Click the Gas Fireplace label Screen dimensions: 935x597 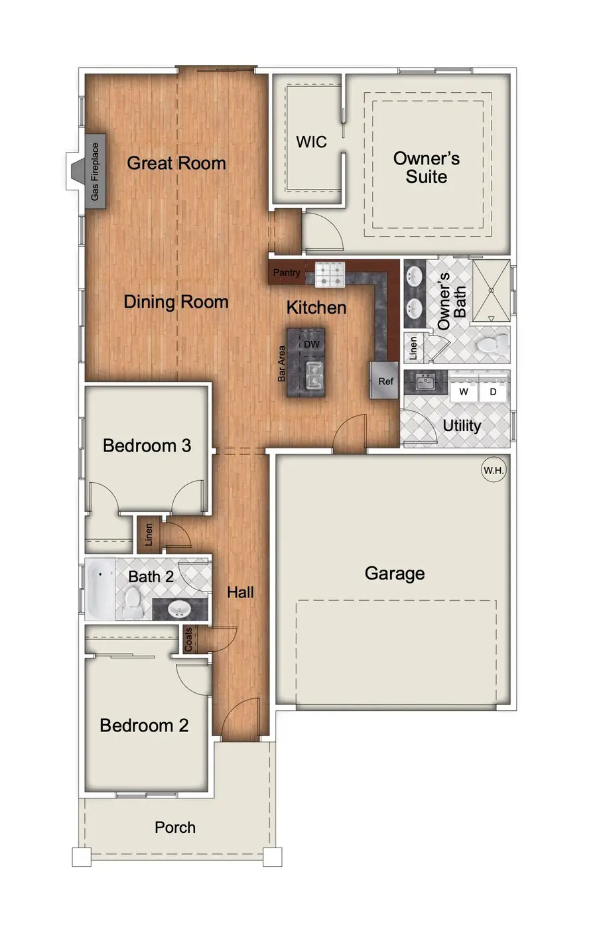click(95, 172)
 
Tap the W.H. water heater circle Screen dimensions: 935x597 click(494, 470)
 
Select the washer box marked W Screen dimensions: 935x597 click(464, 392)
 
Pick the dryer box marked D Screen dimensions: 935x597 click(493, 392)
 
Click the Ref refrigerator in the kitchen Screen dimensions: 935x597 click(385, 381)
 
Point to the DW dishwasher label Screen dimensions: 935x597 click(312, 344)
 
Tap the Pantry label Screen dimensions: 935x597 click(287, 273)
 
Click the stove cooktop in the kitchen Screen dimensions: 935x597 click(330, 275)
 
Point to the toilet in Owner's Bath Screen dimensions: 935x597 click(492, 343)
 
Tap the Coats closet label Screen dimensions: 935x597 click(188, 639)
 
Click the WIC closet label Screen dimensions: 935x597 click(311, 142)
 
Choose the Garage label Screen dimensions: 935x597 click(395, 574)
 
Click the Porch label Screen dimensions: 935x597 click(175, 828)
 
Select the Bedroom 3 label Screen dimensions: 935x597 click(147, 446)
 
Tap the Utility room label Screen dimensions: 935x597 click(462, 426)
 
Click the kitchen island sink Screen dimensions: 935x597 click(312, 375)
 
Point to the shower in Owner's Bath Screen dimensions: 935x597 click(492, 290)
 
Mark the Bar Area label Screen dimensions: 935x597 click(281, 363)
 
